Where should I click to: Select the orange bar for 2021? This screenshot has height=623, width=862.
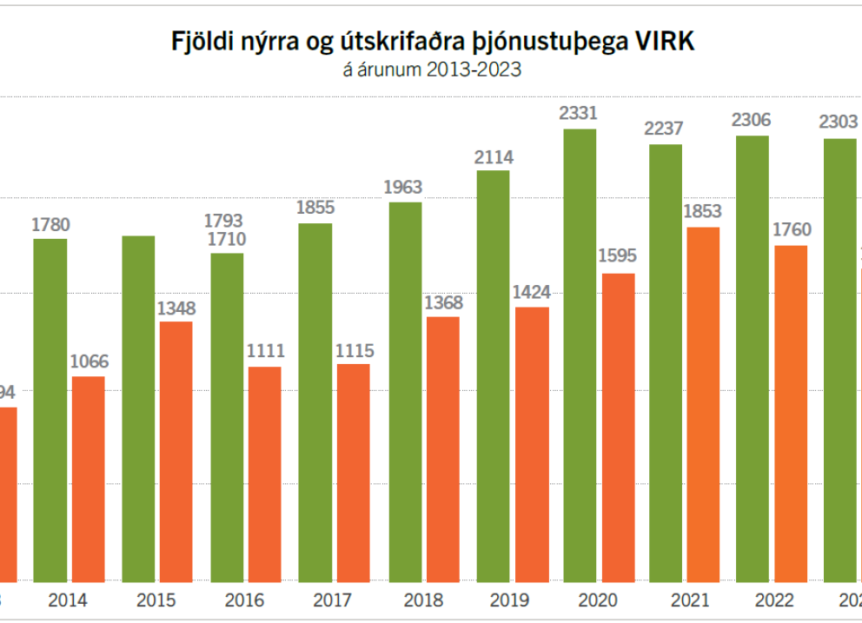point(703,403)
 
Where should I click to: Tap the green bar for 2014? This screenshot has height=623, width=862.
point(50,409)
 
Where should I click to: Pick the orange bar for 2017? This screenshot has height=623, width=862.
point(353,472)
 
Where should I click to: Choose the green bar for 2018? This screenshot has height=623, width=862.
point(405,391)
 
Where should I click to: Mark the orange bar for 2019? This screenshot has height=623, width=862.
point(532,443)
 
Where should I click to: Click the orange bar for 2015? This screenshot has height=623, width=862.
point(176,450)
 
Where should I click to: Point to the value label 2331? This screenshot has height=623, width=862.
point(580,113)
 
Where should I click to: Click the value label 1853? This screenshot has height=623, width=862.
point(703,211)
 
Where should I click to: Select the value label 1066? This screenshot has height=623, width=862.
point(88,361)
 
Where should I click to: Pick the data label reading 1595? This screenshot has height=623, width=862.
point(618,256)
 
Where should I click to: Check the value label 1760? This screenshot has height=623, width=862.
point(792,230)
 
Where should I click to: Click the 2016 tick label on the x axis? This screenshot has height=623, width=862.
point(245,600)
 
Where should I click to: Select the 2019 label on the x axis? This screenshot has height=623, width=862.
point(510,600)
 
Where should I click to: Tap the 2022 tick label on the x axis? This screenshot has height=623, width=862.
point(773,600)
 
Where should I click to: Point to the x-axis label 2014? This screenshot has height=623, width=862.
point(68,600)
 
